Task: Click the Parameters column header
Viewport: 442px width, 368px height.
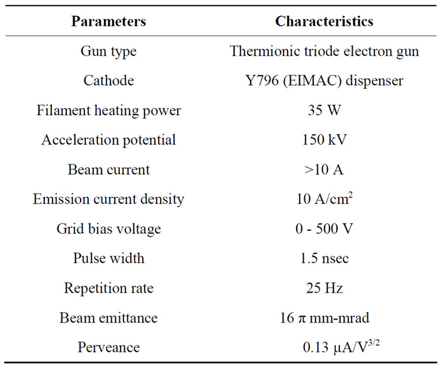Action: click(x=108, y=22)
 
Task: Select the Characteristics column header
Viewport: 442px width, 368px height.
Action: click(x=324, y=22)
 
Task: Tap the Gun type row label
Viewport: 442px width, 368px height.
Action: click(x=108, y=51)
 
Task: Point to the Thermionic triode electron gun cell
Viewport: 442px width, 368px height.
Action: click(x=324, y=51)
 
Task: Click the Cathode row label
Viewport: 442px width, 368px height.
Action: click(x=108, y=81)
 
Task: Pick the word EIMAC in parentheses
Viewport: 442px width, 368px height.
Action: click(x=316, y=81)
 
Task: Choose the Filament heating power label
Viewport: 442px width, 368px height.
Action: click(x=108, y=110)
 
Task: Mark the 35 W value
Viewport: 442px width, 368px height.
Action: click(x=324, y=110)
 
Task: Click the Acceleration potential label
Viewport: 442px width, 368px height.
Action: click(x=108, y=140)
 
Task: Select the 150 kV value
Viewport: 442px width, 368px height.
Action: click(x=324, y=140)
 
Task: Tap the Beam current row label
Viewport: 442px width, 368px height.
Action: click(x=108, y=169)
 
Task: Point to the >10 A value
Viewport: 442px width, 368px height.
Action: click(x=324, y=169)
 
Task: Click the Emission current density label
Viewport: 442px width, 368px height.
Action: click(x=108, y=199)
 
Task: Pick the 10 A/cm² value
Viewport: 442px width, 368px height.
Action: click(x=324, y=199)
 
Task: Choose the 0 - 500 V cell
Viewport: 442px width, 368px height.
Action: click(x=324, y=229)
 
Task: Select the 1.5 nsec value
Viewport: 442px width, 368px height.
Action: click(x=324, y=259)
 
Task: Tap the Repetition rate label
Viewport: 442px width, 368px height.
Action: click(x=108, y=288)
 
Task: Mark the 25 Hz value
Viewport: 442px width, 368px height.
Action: click(x=324, y=288)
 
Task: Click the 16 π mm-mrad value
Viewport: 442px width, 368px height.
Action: click(x=324, y=318)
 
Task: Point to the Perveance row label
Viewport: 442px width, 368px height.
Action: click(x=108, y=347)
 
